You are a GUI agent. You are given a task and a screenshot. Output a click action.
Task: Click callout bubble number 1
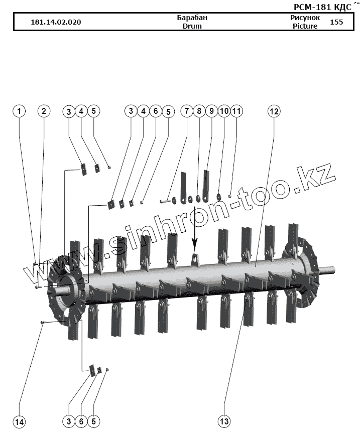(19, 111)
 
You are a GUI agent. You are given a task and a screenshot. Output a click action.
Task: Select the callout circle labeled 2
(44, 111)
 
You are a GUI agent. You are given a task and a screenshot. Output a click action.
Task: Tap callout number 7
(187, 111)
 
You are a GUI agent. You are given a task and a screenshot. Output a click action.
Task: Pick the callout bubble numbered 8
(199, 111)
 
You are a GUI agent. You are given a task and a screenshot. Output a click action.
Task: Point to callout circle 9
(211, 111)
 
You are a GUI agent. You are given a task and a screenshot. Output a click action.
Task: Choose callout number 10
(224, 111)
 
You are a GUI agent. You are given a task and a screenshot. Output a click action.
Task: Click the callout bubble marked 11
(236, 111)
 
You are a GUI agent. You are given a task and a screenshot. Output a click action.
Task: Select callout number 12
(274, 111)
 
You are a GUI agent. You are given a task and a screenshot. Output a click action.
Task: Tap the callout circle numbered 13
(224, 421)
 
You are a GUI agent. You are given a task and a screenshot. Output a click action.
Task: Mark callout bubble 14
(19, 421)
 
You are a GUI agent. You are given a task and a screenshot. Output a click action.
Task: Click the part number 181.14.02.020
(56, 23)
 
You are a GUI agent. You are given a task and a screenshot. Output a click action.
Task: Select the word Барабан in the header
(192, 18)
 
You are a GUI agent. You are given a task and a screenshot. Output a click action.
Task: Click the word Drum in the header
(192, 26)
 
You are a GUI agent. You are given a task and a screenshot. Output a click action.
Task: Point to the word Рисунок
(305, 18)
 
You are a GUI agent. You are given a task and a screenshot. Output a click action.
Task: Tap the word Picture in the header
(305, 26)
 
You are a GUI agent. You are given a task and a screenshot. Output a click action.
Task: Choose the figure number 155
(336, 22)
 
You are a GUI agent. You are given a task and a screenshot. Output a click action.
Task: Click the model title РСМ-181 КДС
(322, 7)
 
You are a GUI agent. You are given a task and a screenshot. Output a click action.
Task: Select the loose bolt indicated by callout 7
(166, 201)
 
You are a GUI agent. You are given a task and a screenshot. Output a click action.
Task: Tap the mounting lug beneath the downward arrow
(196, 260)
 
